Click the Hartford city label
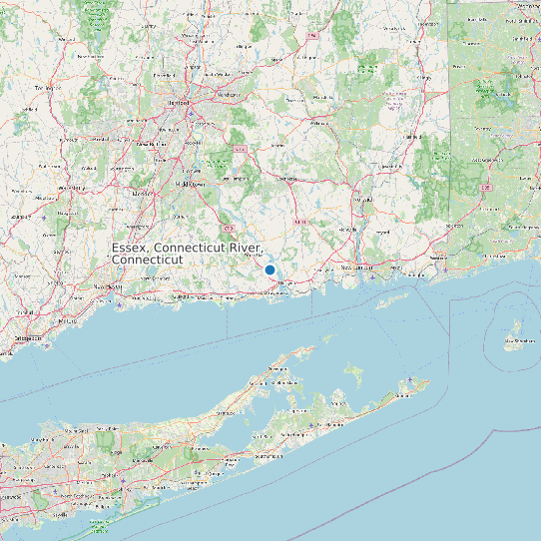(180, 103)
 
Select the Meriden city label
(140, 193)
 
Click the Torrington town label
(43, 88)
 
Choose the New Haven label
(107, 286)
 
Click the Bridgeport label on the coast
(27, 337)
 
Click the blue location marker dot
(270, 270)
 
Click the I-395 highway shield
(486, 187)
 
